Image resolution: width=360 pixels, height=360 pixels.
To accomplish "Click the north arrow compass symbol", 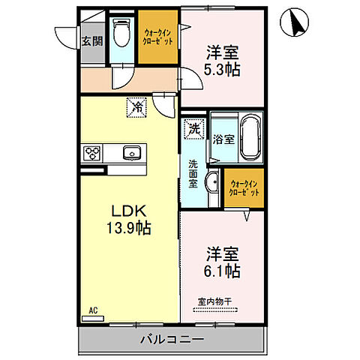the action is click(x=294, y=22).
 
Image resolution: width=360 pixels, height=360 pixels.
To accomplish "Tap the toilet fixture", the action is click(x=121, y=32).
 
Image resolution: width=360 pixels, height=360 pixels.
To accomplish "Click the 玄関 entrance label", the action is click(x=92, y=41).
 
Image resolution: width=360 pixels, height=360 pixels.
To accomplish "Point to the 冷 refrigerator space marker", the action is click(x=136, y=107).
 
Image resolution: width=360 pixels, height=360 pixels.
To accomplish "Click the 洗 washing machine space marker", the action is click(x=194, y=129).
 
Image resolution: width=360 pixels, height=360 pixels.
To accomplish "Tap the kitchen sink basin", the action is click(x=132, y=152).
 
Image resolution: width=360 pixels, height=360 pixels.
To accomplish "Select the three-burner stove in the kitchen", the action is click(x=91, y=153).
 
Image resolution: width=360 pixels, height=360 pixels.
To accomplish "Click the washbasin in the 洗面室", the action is click(x=212, y=182).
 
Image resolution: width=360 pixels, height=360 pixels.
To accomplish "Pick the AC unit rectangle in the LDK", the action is click(x=93, y=319).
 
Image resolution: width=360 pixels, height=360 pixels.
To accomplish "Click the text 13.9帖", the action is click(x=128, y=229).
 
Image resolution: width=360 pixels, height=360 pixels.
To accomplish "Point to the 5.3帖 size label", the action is click(x=222, y=70).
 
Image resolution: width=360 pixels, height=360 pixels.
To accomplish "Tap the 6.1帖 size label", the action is click(x=222, y=271).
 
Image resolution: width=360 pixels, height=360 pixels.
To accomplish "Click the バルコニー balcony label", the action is click(x=172, y=340).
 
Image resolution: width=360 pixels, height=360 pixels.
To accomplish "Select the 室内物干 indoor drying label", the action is click(x=215, y=301).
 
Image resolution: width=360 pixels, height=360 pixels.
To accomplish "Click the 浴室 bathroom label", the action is click(x=223, y=139).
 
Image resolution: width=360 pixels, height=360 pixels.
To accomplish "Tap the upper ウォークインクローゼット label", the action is click(x=157, y=37).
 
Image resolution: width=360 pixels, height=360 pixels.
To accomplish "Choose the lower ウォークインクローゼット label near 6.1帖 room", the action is click(x=244, y=188).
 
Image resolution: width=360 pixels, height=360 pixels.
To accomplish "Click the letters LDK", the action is click(x=128, y=211).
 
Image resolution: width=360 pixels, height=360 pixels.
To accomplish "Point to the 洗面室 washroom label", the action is click(x=193, y=174).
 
